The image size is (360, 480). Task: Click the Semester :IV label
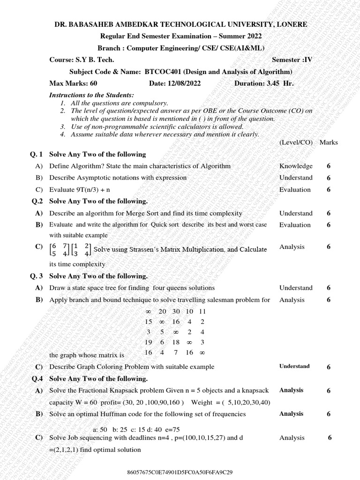(x=292, y=60)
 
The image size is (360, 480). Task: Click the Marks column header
(x=329, y=142)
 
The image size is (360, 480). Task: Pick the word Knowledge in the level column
(x=296, y=166)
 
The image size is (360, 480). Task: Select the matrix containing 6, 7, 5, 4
(x=60, y=250)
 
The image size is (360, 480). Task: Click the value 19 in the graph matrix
(x=149, y=342)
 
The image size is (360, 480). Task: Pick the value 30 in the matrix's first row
(x=176, y=311)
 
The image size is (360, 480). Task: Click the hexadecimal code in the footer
(x=180, y=472)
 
